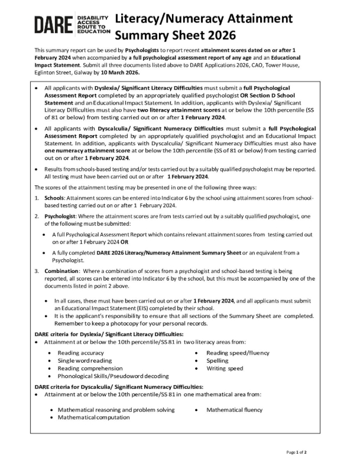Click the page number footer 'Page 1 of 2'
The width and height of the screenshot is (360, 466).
(296, 452)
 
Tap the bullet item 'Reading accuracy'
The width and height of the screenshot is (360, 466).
(80, 353)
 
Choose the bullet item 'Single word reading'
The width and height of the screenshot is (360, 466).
(84, 360)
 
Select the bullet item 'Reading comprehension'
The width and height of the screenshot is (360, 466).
(90, 368)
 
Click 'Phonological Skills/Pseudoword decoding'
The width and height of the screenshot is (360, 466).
(113, 376)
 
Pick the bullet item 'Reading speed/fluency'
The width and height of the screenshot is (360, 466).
(237, 353)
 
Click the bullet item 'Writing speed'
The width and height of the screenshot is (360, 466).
(225, 368)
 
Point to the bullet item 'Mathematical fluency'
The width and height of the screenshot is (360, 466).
(235, 409)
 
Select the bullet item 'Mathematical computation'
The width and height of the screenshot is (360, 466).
(93, 417)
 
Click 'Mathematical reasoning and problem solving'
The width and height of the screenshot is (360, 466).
(116, 409)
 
